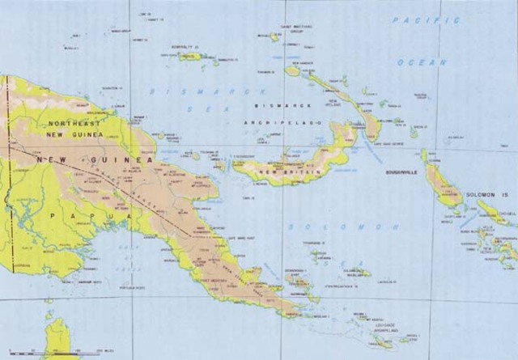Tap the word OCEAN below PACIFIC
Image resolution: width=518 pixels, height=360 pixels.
(421, 61)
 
